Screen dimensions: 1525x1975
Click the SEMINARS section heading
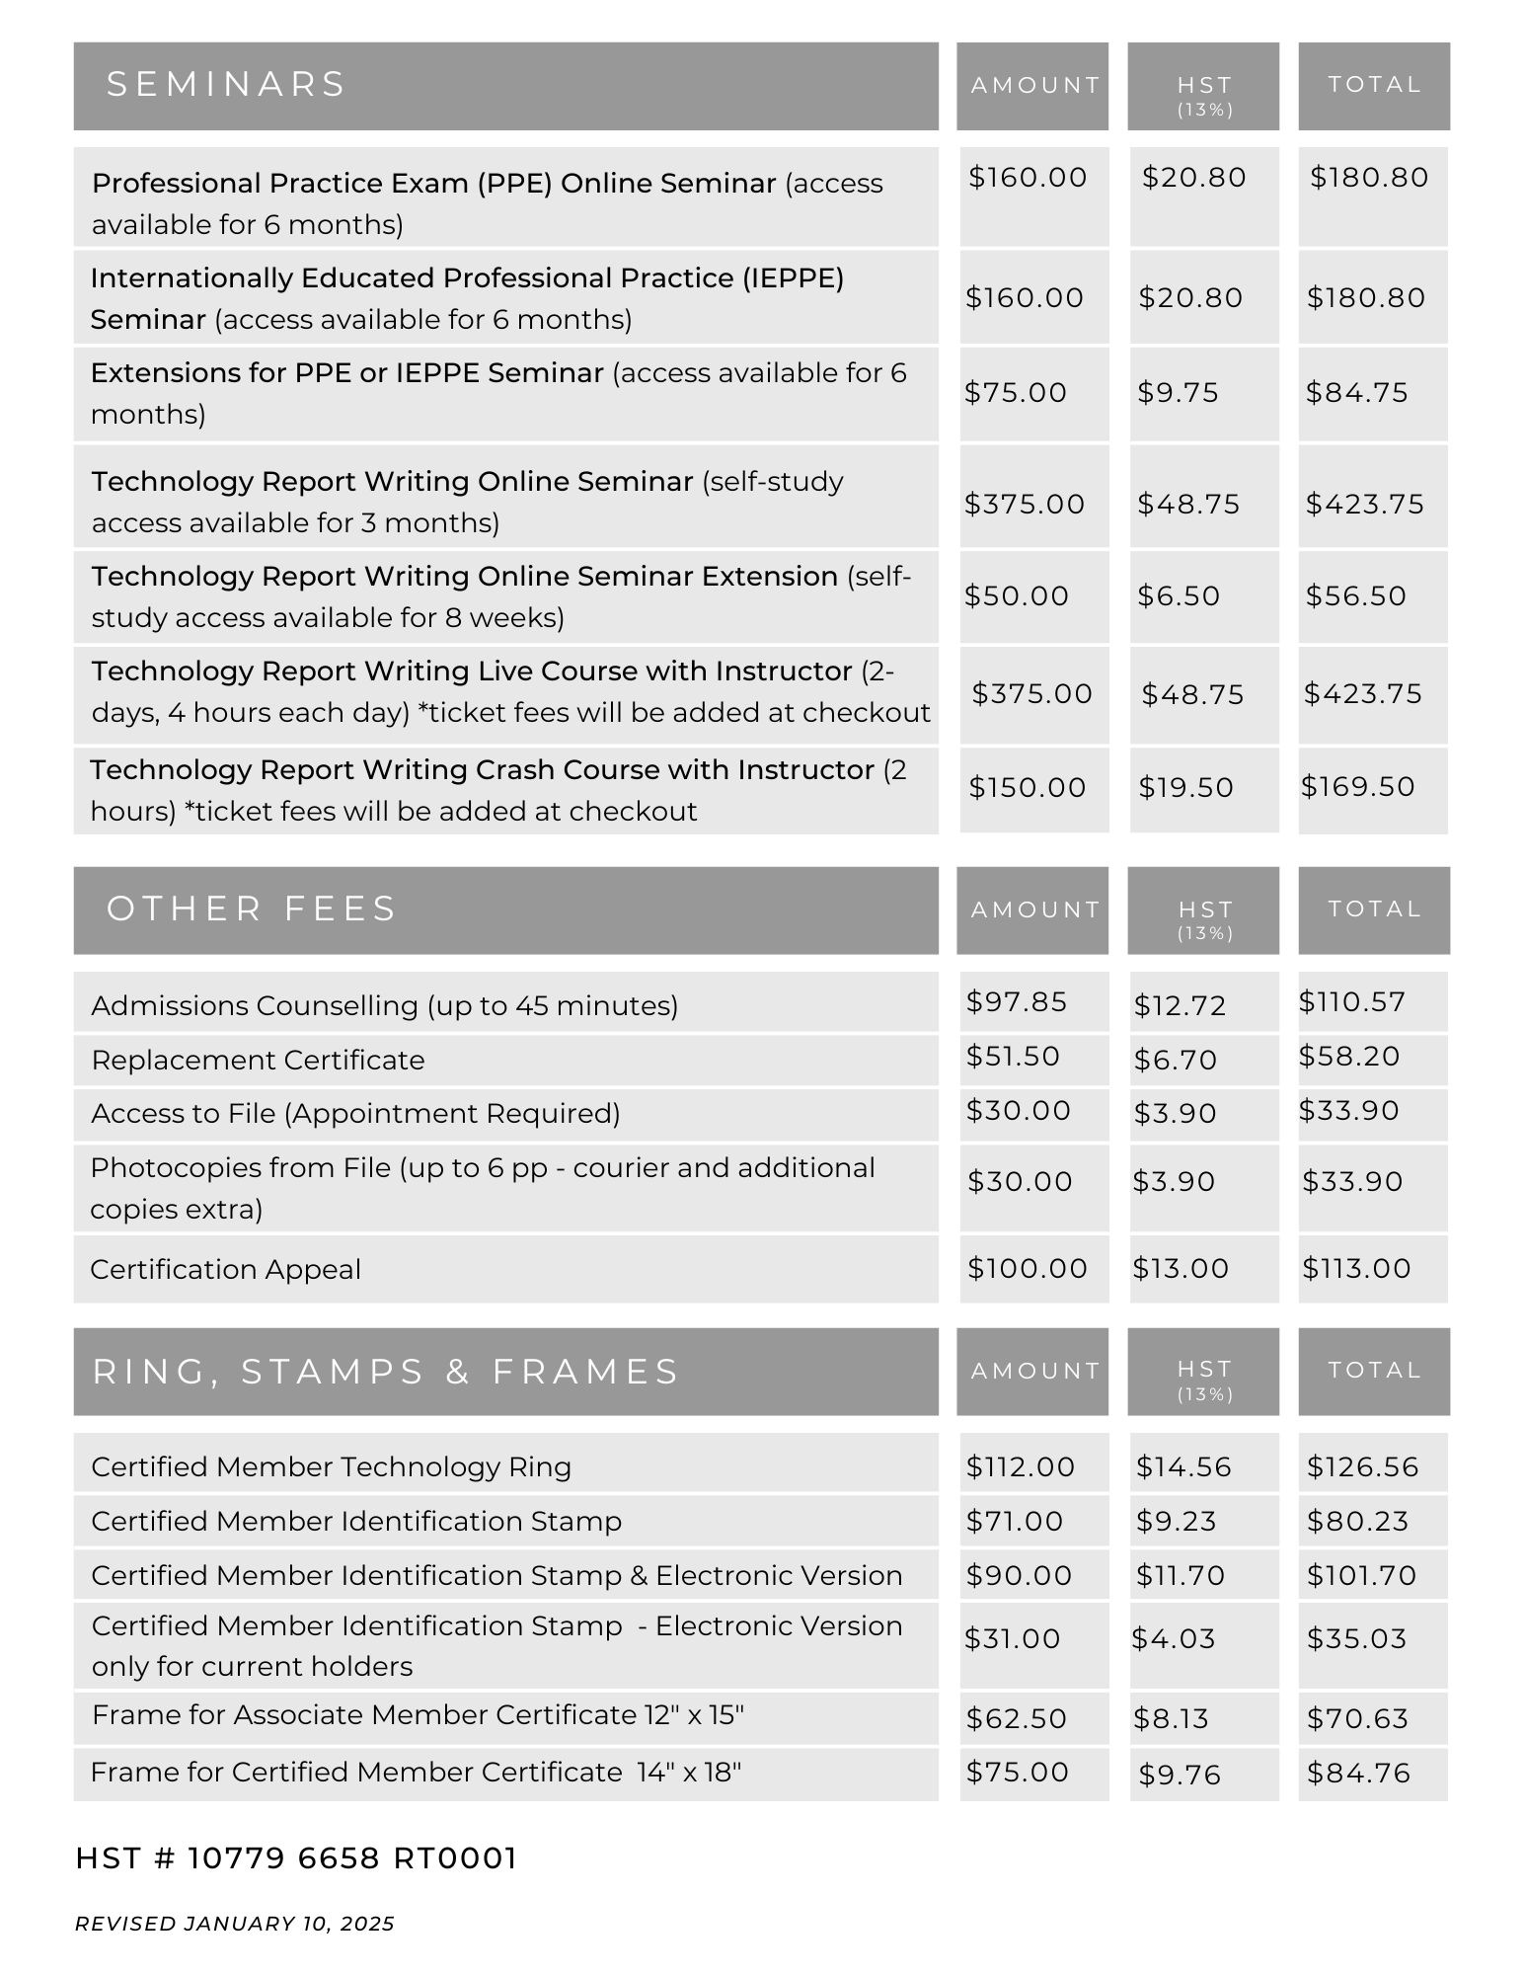[226, 85]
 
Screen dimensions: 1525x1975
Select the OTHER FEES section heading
[251, 908]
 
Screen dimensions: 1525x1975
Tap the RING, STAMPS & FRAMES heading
[386, 1372]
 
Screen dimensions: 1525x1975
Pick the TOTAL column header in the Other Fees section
[1374, 908]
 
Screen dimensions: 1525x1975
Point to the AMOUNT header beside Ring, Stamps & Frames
[1034, 1371]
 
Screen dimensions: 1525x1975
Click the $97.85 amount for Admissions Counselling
[1017, 1002]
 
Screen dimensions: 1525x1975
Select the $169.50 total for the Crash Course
[1357, 787]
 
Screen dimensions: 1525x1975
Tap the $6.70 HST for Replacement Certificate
[1175, 1060]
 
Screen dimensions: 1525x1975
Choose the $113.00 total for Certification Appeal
[1356, 1268]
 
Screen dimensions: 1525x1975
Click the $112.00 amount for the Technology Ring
[1021, 1466]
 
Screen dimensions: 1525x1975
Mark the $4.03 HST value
[1173, 1638]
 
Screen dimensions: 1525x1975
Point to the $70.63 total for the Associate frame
[1357, 1719]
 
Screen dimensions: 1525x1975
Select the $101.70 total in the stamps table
[1361, 1575]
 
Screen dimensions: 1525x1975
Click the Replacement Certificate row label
[258, 1060]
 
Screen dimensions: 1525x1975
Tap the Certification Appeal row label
[225, 1269]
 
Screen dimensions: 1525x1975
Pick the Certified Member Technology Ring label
[331, 1466]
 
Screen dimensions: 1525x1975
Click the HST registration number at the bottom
[296, 1858]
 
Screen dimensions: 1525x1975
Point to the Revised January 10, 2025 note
[235, 1924]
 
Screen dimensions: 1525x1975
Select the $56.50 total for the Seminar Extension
[1355, 595]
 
